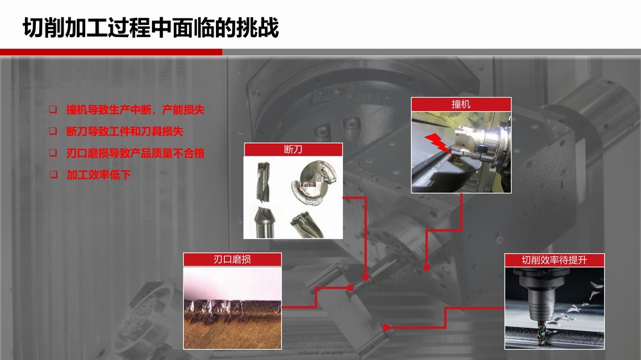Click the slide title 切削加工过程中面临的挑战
[x=151, y=28]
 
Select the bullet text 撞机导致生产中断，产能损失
[x=135, y=110]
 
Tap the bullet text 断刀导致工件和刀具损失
[x=125, y=131]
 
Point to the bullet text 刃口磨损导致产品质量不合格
[x=135, y=153]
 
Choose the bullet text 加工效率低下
[x=99, y=175]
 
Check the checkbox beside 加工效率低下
[x=54, y=174]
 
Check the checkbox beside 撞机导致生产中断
[x=53, y=109]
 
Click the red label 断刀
[x=293, y=149]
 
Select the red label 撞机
[x=461, y=104]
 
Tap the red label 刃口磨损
[x=232, y=259]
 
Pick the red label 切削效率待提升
[x=554, y=260]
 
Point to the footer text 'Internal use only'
[x=320, y=353]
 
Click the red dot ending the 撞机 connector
[x=426, y=267]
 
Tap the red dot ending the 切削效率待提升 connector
[x=386, y=327]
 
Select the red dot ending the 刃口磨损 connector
[x=351, y=288]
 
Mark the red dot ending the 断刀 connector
[x=365, y=277]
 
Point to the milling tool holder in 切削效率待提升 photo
[x=535, y=293]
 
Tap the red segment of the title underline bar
[x=111, y=52]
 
